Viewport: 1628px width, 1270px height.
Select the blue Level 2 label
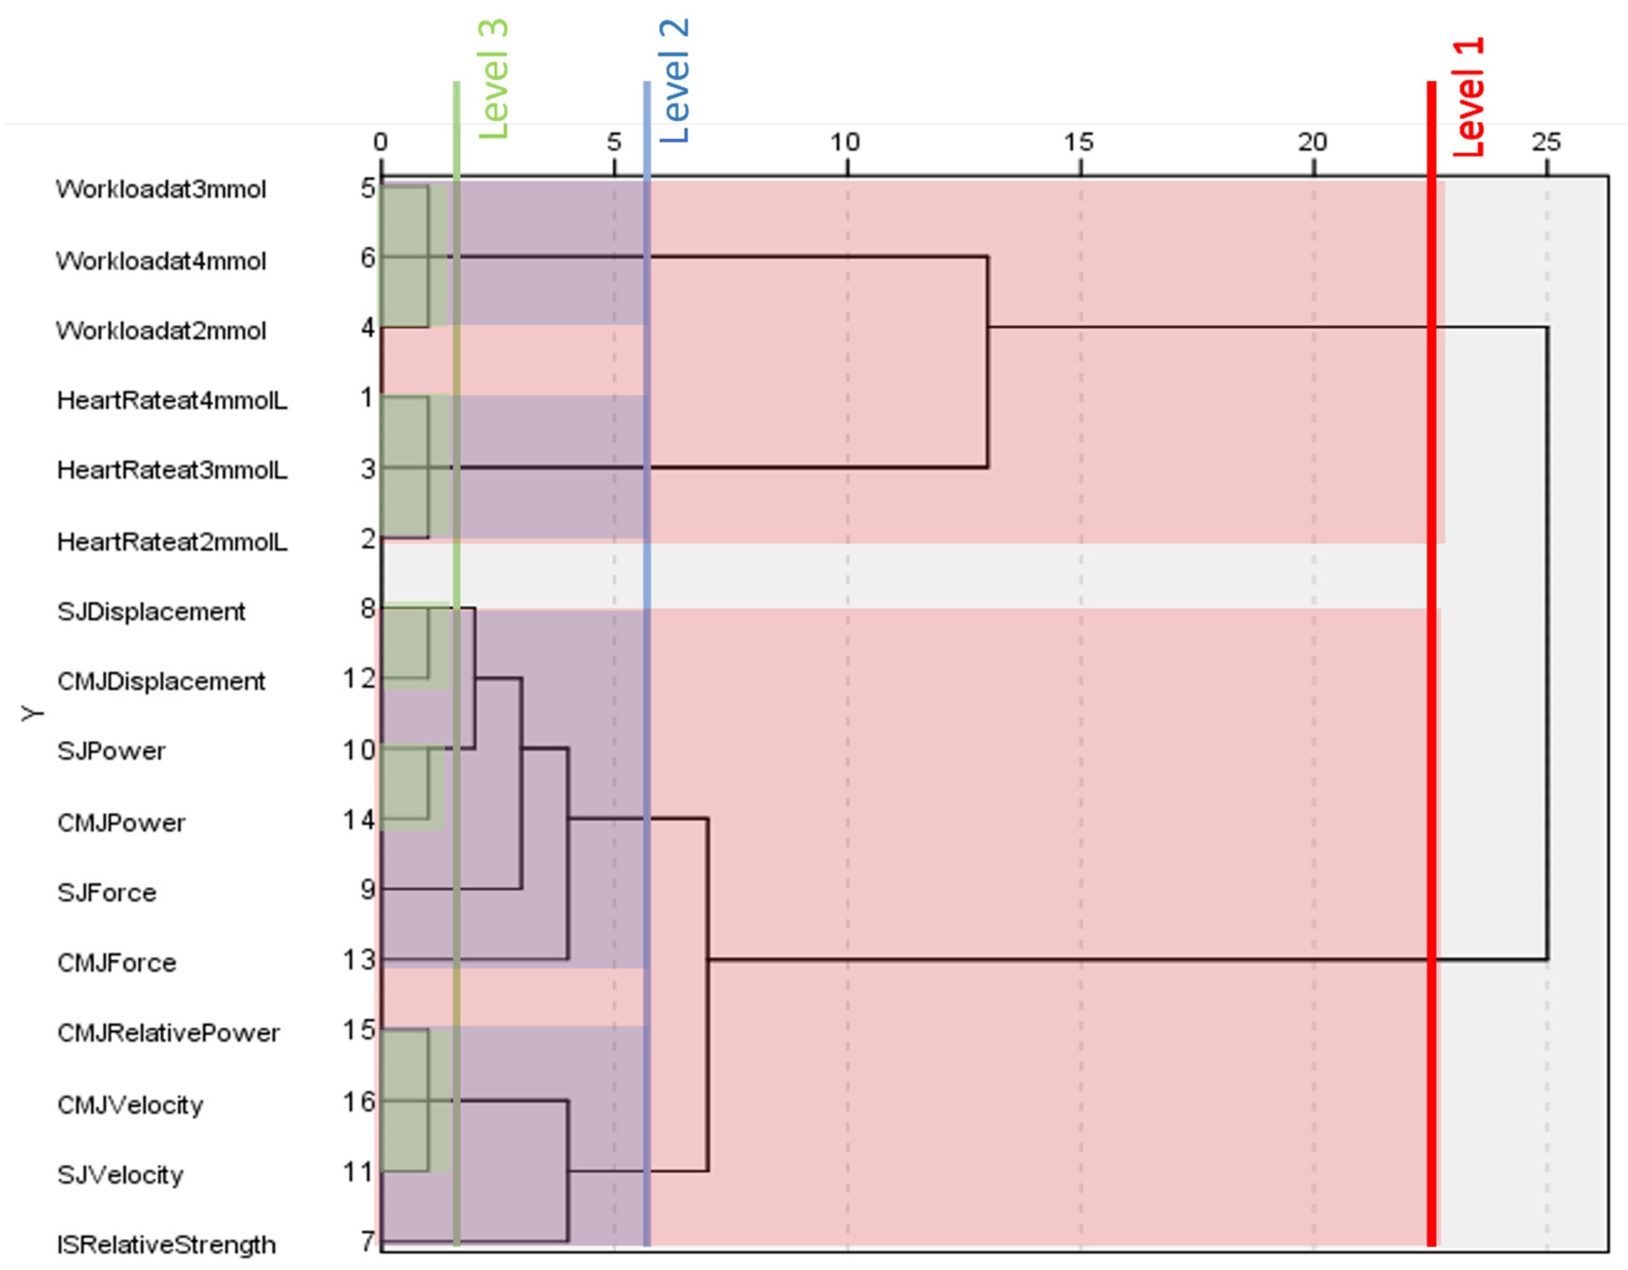675,80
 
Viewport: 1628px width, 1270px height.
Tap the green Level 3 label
493,79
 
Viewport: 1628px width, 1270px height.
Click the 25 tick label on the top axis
1546,142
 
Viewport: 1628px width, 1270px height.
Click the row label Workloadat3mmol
161,189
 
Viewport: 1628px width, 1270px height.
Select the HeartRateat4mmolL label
172,401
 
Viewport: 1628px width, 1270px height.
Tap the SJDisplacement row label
151,612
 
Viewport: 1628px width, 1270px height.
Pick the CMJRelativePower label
169,1033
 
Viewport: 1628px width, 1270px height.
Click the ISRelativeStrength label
166,1245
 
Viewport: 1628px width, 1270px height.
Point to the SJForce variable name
107,893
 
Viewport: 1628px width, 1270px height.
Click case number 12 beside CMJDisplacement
359,679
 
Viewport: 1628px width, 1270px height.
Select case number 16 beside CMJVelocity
359,1101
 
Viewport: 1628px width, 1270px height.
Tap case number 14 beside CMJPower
359,821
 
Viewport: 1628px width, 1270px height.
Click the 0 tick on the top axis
381,142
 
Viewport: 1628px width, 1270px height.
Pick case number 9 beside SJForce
367,889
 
